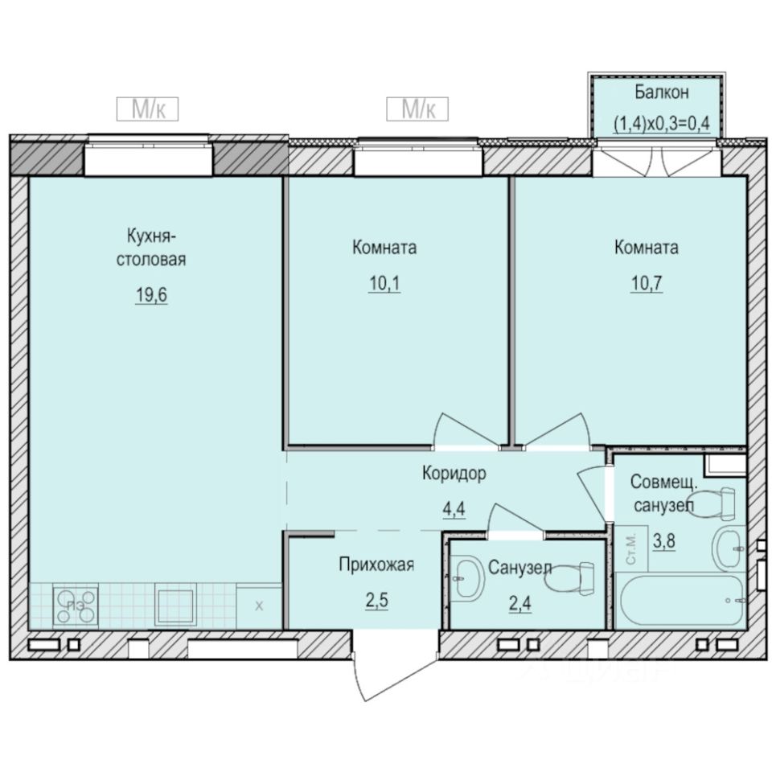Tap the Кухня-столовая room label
(151, 248)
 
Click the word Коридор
(454, 474)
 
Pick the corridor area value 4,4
(455, 509)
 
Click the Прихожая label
(376, 565)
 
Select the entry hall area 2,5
(376, 600)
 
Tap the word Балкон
(661, 92)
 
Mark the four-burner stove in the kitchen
(76, 606)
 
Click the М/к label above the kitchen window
(146, 109)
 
